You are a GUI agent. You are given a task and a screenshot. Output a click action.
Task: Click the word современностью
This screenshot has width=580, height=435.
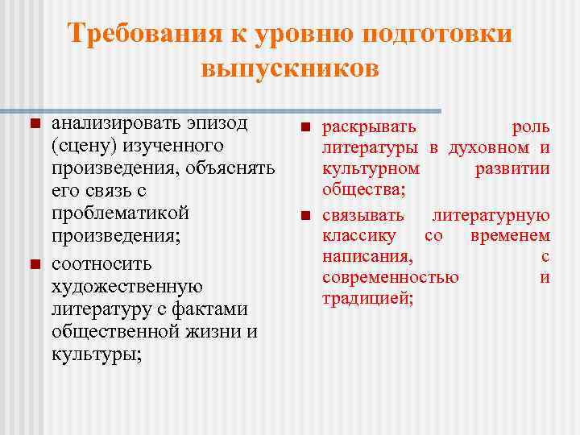coord(390,278)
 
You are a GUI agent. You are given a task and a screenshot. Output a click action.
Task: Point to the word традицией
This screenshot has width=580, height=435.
coord(367,299)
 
